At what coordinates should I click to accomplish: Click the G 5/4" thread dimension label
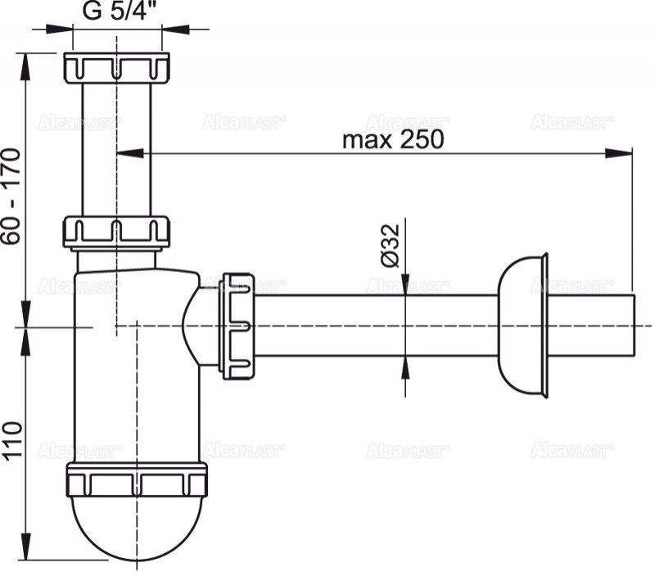click(116, 11)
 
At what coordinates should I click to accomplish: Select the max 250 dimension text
click(392, 139)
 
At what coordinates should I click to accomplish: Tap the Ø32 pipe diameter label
click(390, 245)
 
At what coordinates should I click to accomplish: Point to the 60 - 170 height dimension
click(11, 196)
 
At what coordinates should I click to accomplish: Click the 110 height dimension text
click(11, 442)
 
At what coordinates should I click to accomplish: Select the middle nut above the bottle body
click(116, 231)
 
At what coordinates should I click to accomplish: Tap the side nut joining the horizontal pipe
click(237, 325)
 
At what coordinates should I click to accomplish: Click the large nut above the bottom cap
click(137, 480)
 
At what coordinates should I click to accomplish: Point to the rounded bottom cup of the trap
click(137, 528)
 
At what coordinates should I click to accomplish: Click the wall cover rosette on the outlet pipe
click(524, 325)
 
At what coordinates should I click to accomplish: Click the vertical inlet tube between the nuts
click(116, 147)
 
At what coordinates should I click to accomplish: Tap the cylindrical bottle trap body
click(137, 369)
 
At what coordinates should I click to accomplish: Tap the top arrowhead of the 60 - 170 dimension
click(27, 61)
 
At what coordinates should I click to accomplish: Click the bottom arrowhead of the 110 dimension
click(27, 552)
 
